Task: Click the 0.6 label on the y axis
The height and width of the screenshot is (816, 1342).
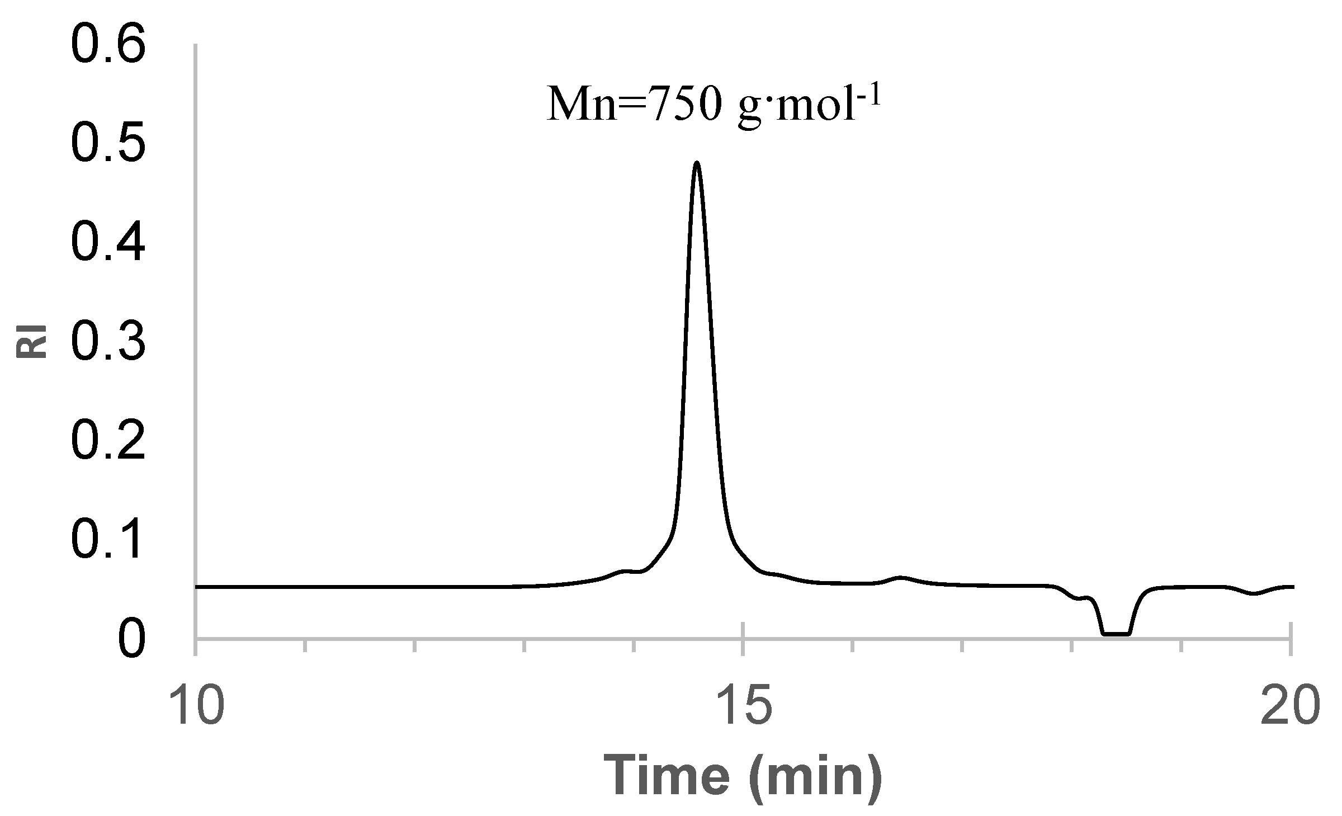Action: click(108, 47)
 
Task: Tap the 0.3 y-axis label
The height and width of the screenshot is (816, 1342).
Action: click(108, 343)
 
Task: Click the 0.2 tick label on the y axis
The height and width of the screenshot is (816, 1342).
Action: click(108, 441)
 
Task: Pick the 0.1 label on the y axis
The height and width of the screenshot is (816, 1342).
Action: click(108, 540)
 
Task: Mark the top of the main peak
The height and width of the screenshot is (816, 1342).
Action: click(697, 163)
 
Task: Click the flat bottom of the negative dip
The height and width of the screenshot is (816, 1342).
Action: click(1116, 634)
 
